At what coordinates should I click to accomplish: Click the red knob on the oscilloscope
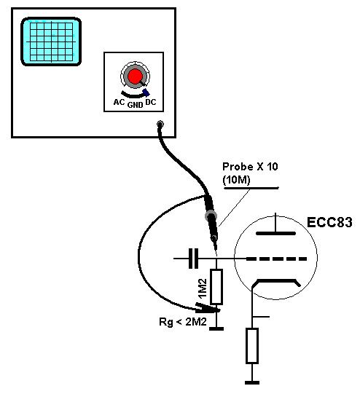tap(135, 76)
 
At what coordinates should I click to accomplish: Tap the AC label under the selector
tap(120, 102)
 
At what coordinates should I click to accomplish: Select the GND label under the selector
tap(136, 105)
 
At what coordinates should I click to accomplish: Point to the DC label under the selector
tap(151, 102)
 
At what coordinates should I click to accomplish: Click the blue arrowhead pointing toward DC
tap(146, 92)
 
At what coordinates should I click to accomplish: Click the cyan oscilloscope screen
tap(51, 42)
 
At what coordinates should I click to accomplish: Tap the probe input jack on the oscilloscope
tap(160, 124)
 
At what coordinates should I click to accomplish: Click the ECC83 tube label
tap(329, 222)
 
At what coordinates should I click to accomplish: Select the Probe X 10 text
tap(250, 167)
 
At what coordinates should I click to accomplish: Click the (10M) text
tap(236, 179)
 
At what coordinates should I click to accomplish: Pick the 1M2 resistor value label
tap(203, 288)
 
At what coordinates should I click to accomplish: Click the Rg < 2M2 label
tap(183, 322)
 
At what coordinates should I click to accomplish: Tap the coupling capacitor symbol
tap(193, 259)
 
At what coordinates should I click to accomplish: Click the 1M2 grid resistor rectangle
tap(216, 287)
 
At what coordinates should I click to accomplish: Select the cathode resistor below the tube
tap(252, 345)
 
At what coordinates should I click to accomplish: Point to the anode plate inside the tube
tap(275, 234)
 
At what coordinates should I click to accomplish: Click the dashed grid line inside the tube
tap(276, 259)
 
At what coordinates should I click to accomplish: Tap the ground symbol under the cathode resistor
tap(252, 382)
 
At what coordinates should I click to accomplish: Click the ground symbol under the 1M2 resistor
tap(216, 328)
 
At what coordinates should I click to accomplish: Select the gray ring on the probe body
tap(211, 216)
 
